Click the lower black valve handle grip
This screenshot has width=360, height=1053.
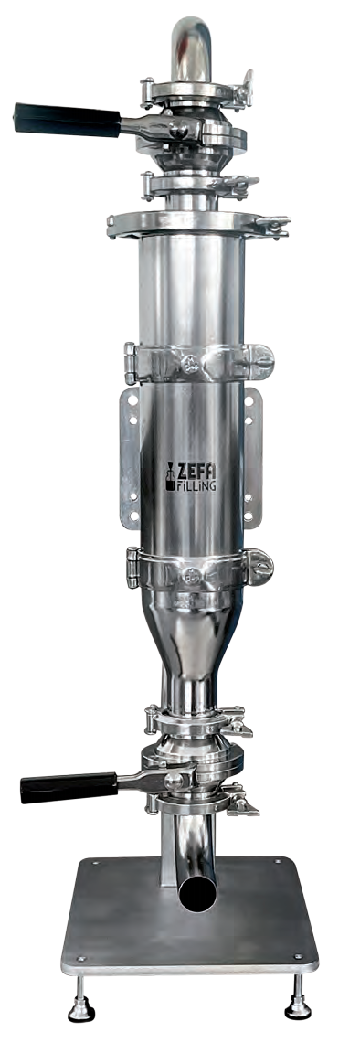click(x=69, y=787)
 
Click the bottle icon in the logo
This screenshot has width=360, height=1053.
click(x=171, y=476)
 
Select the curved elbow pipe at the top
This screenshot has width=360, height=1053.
click(x=191, y=47)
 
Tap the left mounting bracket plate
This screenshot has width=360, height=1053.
click(x=130, y=458)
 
